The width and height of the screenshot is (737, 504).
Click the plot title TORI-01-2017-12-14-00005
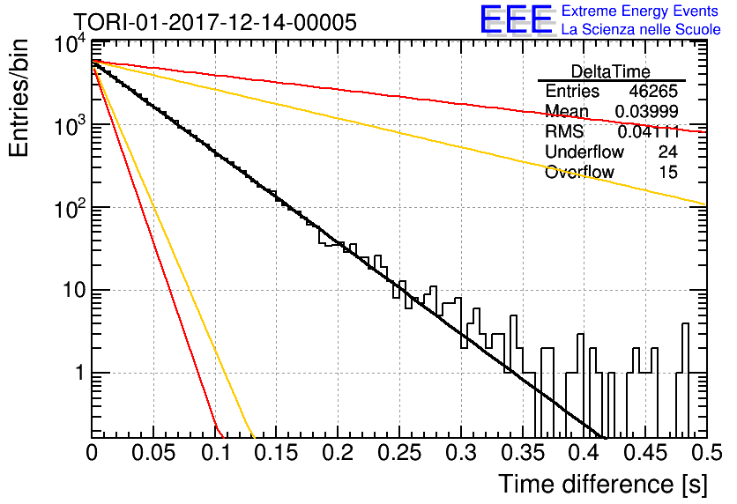pyautogui.click(x=215, y=22)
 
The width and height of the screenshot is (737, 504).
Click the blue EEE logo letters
pyautogui.click(x=516, y=19)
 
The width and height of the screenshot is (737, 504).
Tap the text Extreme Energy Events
pyautogui.click(x=640, y=11)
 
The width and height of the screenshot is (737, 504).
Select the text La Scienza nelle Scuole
pyautogui.click(x=641, y=29)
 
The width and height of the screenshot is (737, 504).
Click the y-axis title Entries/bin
pyautogui.click(x=19, y=98)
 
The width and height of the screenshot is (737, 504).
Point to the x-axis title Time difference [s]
pyautogui.click(x=603, y=485)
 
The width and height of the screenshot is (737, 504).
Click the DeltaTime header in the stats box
pyautogui.click(x=611, y=71)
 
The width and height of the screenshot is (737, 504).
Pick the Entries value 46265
pyautogui.click(x=653, y=91)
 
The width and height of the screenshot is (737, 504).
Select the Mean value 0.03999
pyautogui.click(x=647, y=111)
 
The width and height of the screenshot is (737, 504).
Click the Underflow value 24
pyautogui.click(x=667, y=152)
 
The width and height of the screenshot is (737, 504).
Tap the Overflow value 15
pyautogui.click(x=668, y=172)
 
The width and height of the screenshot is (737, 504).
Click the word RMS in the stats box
pyautogui.click(x=564, y=131)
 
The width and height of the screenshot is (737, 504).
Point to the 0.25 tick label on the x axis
pyautogui.click(x=399, y=453)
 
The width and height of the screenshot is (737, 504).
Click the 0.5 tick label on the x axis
pyautogui.click(x=707, y=453)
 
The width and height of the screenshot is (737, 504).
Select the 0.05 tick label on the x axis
pyautogui.click(x=153, y=453)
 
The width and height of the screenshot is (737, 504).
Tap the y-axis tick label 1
pyautogui.click(x=80, y=374)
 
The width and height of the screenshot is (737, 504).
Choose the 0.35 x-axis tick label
pyautogui.click(x=523, y=453)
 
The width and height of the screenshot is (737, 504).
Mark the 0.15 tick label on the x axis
pyautogui.click(x=277, y=453)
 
